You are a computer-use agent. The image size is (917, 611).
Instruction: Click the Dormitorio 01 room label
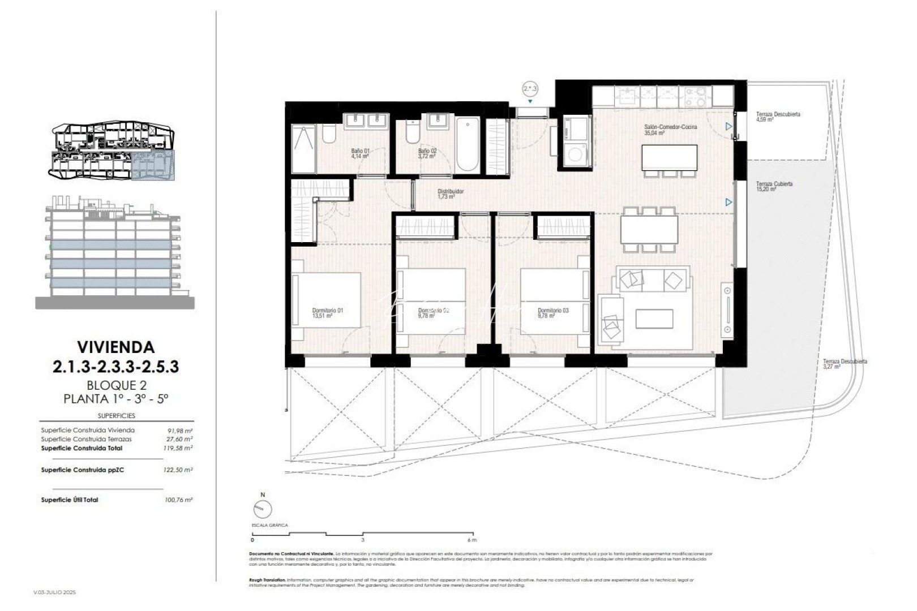(328, 310)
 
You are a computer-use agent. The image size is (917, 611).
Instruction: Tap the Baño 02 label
(427, 151)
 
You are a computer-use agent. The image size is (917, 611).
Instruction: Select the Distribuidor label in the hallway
(451, 191)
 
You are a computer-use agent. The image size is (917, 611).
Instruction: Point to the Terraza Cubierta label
(774, 184)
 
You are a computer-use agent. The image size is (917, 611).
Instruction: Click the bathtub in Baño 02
(468, 144)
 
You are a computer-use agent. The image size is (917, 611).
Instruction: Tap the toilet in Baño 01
(329, 135)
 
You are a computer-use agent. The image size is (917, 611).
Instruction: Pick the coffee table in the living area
(654, 319)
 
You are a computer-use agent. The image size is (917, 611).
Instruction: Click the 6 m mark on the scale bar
(473, 540)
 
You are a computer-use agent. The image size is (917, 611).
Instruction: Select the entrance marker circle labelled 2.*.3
(530, 88)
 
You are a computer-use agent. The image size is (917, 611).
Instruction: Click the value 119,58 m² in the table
(181, 448)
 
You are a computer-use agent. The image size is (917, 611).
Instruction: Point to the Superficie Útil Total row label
(70, 500)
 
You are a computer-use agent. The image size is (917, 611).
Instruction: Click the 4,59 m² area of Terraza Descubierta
(765, 120)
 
